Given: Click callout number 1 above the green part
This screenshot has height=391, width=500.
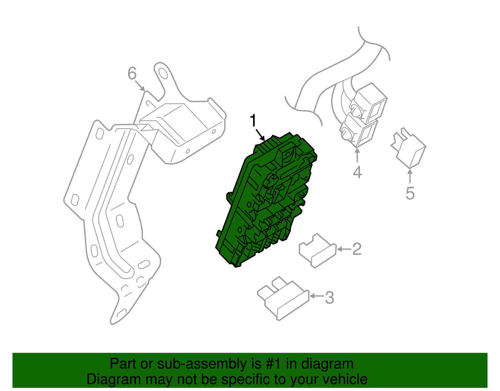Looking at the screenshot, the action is (x=253, y=120).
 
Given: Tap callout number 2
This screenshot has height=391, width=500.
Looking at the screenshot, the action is (x=357, y=249).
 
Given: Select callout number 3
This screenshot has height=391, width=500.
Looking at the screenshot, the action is (x=329, y=298).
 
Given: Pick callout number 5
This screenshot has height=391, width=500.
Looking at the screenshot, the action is (x=410, y=193).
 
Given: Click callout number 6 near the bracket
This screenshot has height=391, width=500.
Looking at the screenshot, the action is (x=132, y=73).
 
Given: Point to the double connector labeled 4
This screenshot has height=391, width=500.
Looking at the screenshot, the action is (x=363, y=115).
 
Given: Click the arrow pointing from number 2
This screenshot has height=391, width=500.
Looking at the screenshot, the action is (x=344, y=249).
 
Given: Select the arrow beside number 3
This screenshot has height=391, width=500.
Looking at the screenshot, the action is (x=317, y=296).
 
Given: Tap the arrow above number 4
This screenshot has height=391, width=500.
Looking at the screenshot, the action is (x=357, y=156).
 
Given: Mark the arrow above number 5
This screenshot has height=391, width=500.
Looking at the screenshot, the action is (x=410, y=176).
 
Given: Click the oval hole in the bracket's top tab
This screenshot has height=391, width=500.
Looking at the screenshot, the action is (x=163, y=73).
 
